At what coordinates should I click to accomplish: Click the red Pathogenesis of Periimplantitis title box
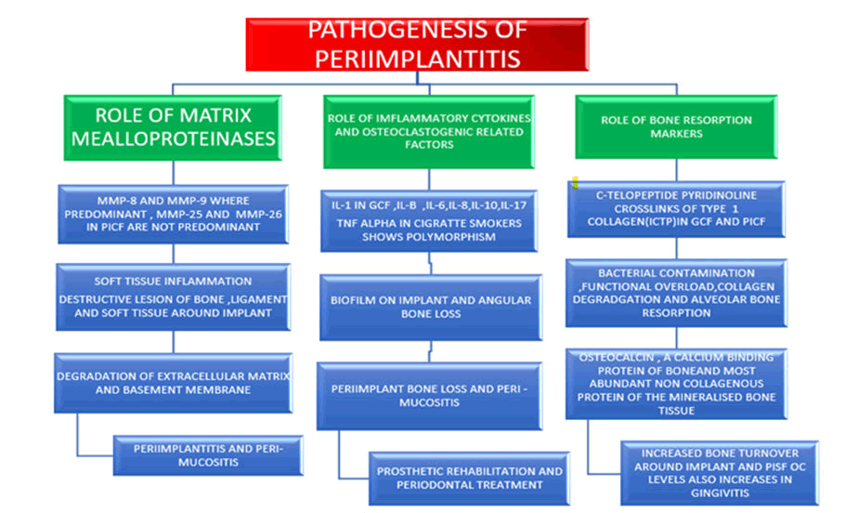[417, 44]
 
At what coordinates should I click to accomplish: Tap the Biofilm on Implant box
[430, 307]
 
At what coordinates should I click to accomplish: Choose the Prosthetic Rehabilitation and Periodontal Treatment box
[468, 477]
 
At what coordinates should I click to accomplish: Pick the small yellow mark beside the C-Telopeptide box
[576, 182]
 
